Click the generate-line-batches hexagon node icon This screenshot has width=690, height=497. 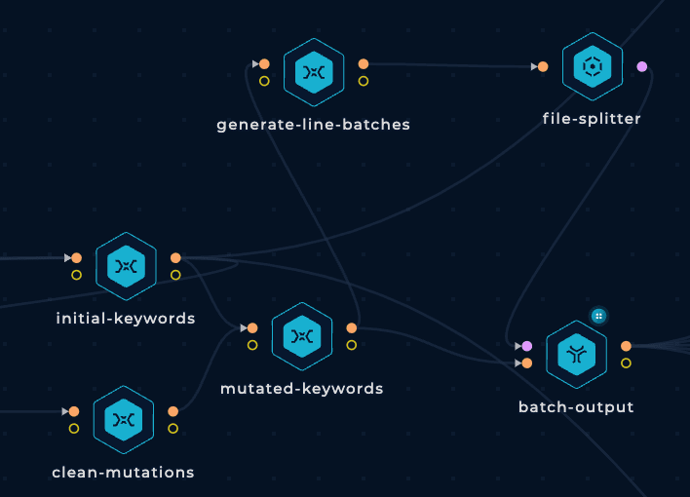pos(314,72)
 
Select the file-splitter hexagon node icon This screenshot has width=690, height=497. pos(593,66)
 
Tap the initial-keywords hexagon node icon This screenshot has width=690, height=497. pos(126,266)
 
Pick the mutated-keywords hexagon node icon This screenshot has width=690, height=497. pos(302,336)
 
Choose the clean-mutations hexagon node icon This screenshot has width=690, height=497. pos(124,420)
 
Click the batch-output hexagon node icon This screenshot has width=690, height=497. pos(577,355)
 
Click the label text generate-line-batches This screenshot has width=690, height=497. pos(313,125)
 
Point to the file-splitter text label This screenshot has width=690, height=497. pos(592,119)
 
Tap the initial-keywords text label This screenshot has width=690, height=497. pos(126,319)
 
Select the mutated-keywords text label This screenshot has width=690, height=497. pos(302,388)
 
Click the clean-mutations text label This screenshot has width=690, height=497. pos(123,473)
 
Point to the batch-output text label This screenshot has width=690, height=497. pos(576,406)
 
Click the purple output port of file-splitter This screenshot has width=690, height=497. pos(642,67)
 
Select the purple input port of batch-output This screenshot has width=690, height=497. pos(526,346)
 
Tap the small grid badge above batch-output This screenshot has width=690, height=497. pos(598,316)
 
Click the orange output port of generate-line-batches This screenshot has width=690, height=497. pos(364,64)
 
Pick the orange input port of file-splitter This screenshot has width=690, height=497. pos(543,67)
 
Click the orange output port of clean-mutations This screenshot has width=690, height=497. pos(172,411)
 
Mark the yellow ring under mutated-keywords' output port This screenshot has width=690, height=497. pos(351,345)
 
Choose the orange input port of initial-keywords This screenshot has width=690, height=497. pos(77,258)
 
